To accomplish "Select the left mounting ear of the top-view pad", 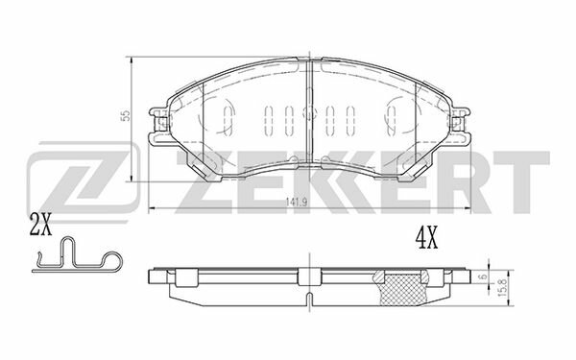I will (157, 126).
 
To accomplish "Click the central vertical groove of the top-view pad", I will (308, 115).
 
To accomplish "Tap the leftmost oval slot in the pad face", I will (228, 119).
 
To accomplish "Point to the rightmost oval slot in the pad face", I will (389, 119).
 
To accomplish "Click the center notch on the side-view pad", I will (308, 277).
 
